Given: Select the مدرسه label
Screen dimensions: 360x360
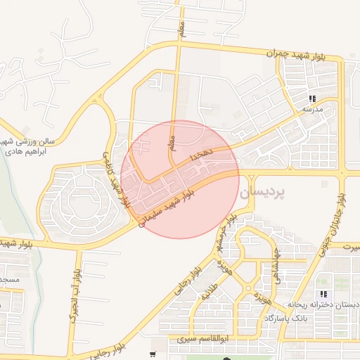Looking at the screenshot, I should [x=311, y=110].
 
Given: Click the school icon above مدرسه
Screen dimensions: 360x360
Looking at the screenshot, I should [x=311, y=98].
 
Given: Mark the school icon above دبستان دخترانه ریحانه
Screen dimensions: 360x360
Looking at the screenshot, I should [x=323, y=294].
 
